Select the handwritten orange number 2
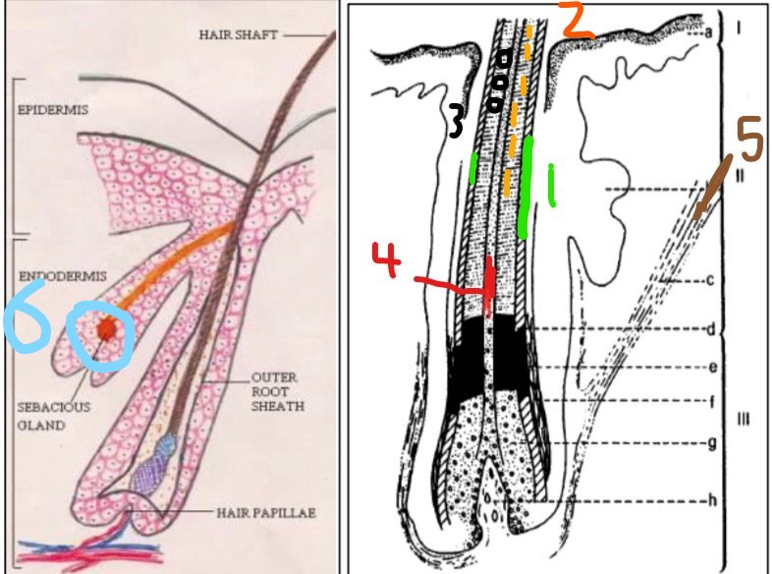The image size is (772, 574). point(577,21)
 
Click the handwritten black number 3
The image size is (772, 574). point(456,120)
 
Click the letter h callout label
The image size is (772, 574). point(712,499)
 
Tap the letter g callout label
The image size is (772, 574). point(710,444)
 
